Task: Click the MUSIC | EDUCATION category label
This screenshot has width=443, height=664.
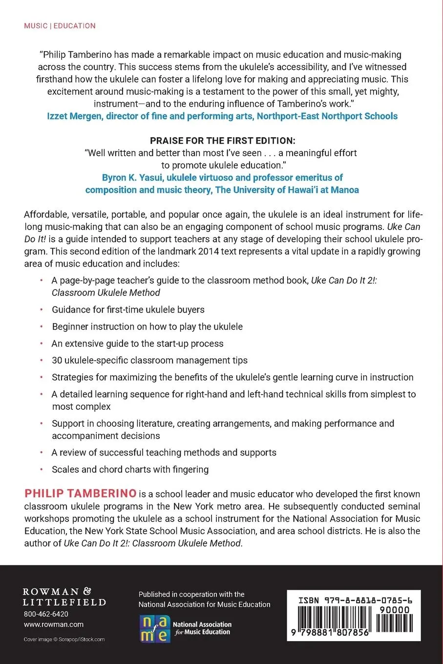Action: pos(60,25)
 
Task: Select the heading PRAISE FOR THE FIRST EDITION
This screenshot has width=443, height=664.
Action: pos(222,141)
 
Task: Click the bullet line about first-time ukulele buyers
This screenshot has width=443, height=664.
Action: pos(128,310)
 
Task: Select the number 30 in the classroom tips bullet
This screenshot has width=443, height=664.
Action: pos(57,360)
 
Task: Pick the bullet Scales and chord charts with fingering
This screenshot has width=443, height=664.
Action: pos(130,469)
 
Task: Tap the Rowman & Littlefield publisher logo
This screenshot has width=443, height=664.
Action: pos(64,597)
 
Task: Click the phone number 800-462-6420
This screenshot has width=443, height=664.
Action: pos(46,614)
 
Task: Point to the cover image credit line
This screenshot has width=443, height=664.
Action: pos(64,639)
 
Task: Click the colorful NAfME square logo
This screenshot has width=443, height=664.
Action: pos(154,628)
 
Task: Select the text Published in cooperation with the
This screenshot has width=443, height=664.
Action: pos(191,594)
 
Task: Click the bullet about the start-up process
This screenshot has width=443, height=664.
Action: pos(137,343)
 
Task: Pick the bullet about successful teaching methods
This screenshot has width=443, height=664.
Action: pos(164,453)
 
